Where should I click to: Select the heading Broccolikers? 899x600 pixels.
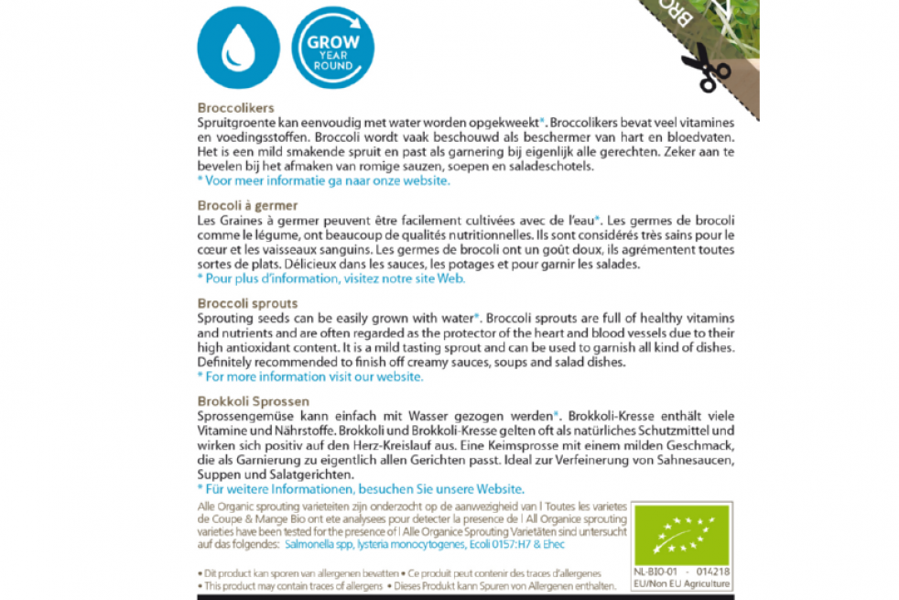[235, 107]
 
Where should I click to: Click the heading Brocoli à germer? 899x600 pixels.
[247, 205]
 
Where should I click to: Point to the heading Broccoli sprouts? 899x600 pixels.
[247, 303]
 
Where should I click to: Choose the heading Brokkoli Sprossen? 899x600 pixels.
[253, 401]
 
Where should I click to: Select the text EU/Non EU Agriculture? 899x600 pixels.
[682, 584]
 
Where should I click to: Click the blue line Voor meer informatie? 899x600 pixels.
[323, 180]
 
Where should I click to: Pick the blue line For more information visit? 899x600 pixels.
[310, 376]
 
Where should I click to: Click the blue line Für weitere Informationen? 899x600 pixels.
[361, 489]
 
